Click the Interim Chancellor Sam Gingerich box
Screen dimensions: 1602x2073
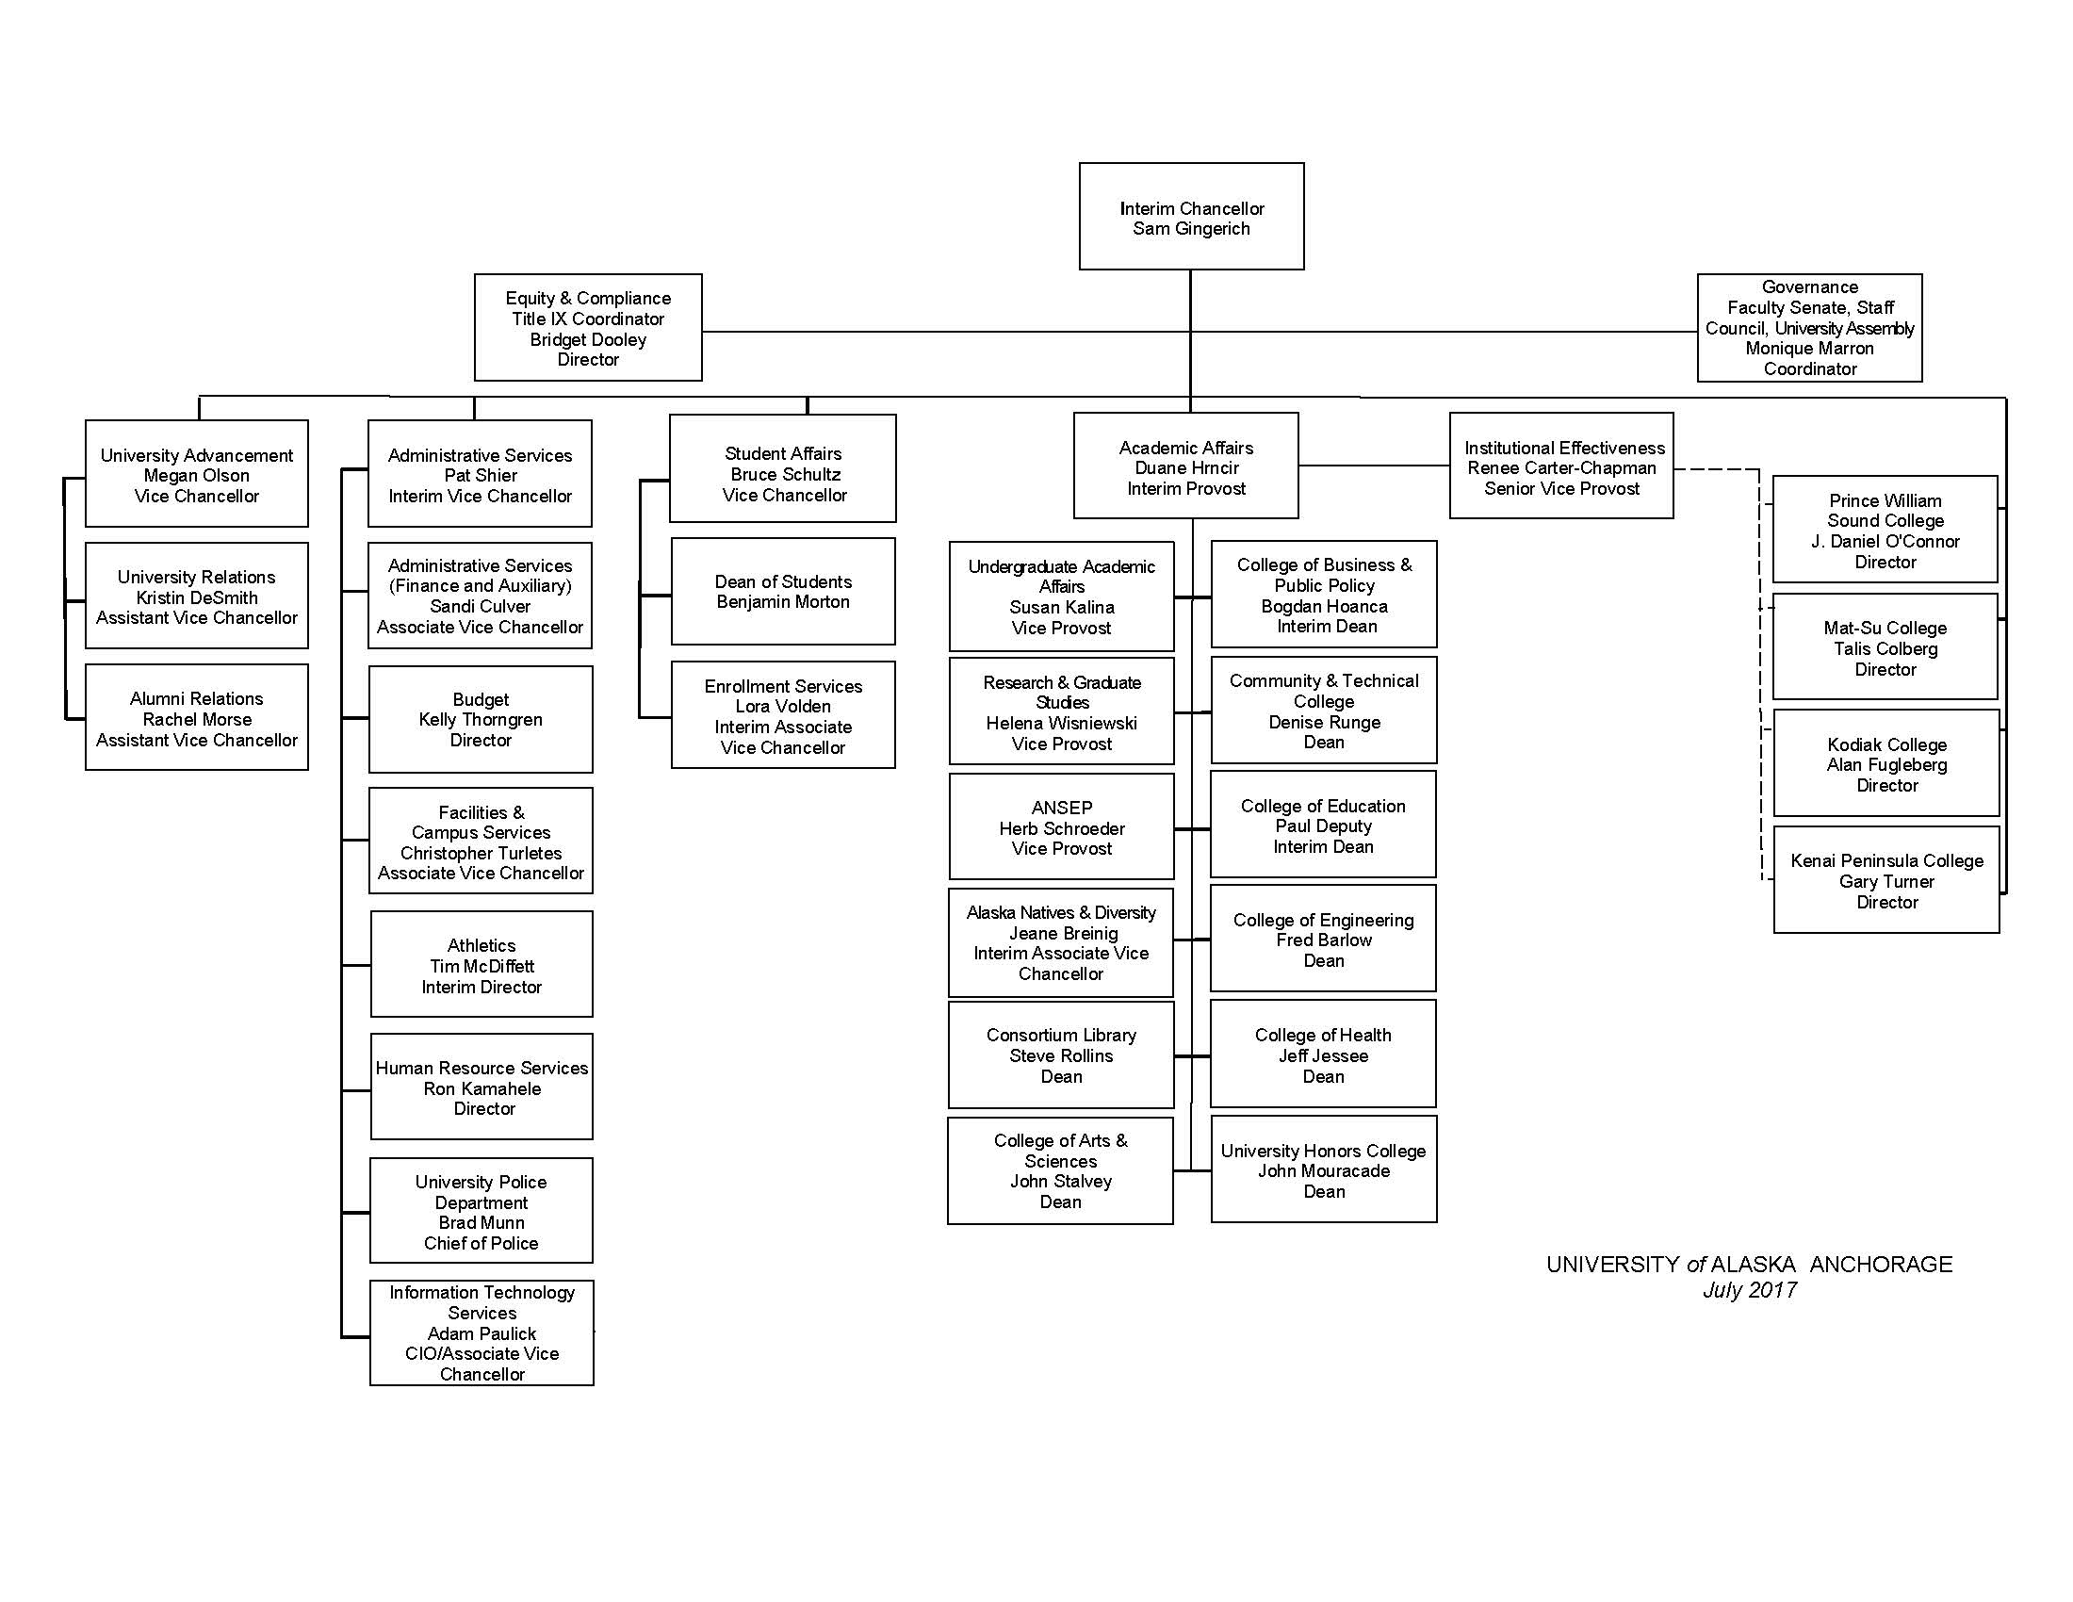click(1191, 218)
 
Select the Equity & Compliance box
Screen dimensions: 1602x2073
click(588, 327)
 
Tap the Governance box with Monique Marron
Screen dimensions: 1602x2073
click(1809, 327)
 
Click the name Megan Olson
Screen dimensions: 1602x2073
click(197, 476)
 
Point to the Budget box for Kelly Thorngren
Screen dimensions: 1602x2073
click(481, 719)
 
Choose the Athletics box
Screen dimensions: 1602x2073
click(482, 965)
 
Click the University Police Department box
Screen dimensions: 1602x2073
click(482, 1211)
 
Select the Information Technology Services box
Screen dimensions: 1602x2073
click(482, 1332)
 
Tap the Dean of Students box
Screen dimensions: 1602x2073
click(783, 591)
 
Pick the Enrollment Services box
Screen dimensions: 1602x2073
click(783, 715)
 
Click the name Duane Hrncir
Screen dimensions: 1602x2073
click(1186, 468)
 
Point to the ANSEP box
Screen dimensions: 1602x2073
click(1061, 827)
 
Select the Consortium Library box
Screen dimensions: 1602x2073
click(1061, 1055)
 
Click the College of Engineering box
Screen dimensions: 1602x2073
click(1323, 940)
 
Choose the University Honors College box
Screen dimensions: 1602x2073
click(1323, 1170)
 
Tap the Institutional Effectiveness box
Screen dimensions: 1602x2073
click(1561, 466)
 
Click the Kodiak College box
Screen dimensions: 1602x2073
click(1886, 764)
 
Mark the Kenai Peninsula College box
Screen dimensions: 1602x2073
click(1886, 881)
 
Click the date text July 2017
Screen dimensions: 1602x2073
click(1750, 1290)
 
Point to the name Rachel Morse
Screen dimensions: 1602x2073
click(197, 719)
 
